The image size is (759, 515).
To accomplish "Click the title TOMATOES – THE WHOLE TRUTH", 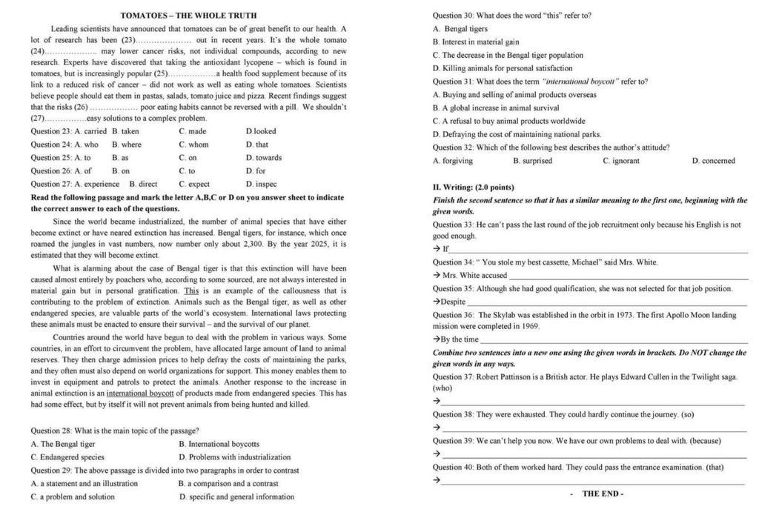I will [188, 16].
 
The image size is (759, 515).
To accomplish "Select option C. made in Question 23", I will [192, 131].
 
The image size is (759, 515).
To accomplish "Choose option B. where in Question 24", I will [126, 144].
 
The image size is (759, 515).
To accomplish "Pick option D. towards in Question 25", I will [263, 158].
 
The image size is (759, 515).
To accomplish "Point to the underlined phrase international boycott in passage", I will [140, 393].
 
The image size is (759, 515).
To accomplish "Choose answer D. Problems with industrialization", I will [234, 457].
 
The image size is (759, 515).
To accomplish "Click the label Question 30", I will [452, 16].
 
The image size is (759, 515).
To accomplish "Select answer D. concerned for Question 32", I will [713, 161].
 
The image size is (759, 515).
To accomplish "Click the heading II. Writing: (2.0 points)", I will [473, 187].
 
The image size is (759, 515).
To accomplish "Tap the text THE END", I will [603, 494].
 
